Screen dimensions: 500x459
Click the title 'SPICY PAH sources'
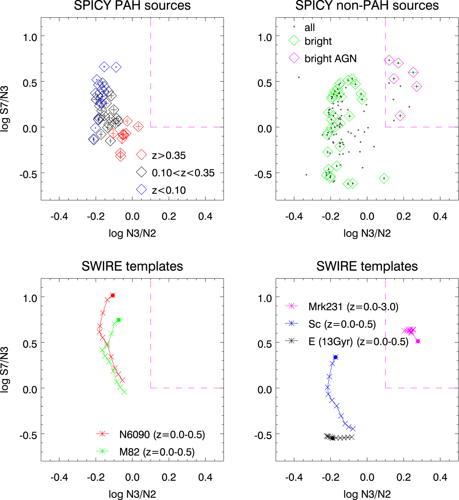[x=132, y=6]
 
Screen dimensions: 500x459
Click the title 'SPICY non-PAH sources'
[x=367, y=6]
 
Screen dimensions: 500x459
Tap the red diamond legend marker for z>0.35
[x=142, y=155]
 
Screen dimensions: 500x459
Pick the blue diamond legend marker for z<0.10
[x=142, y=190]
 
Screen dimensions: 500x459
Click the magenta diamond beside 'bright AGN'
[x=294, y=58]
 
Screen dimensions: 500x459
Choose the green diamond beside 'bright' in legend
[x=294, y=41]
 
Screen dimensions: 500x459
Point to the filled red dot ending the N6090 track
[x=113, y=295]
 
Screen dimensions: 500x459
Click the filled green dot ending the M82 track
[x=119, y=320]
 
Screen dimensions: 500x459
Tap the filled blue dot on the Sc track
[x=335, y=357]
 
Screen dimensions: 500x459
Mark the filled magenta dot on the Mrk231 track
[x=418, y=341]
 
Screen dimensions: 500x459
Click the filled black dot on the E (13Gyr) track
[x=332, y=438]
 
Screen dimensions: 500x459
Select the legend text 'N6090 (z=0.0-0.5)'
[x=162, y=435]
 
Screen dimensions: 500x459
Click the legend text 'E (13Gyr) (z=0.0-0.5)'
[x=358, y=342]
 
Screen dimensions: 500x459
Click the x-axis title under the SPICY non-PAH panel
[x=367, y=233]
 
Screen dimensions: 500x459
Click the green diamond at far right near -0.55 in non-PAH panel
[x=384, y=178]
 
